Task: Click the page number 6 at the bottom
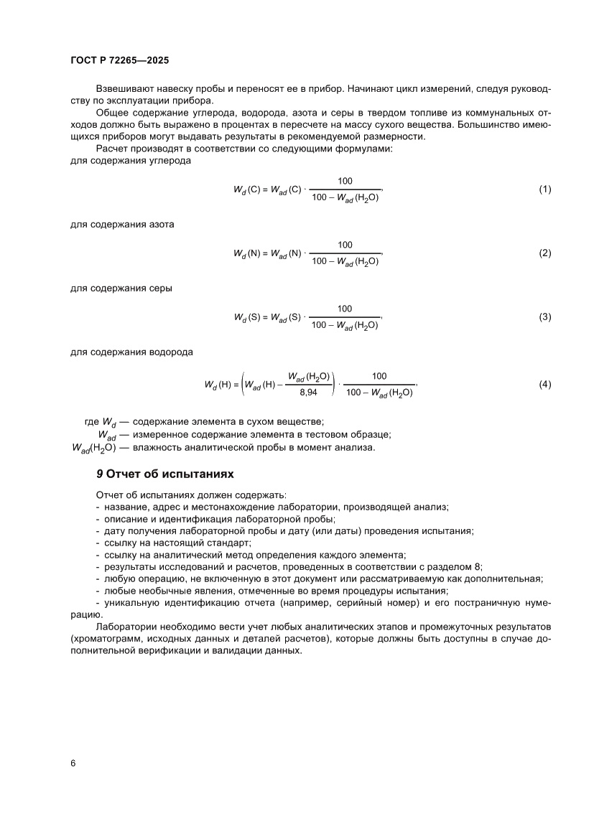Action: click(x=73, y=762)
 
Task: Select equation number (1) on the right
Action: click(x=544, y=189)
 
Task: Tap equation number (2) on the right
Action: click(x=544, y=253)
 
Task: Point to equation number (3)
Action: click(x=544, y=317)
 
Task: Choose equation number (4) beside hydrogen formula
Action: click(x=544, y=385)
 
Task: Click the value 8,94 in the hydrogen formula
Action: click(x=308, y=393)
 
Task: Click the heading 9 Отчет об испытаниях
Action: click(x=164, y=475)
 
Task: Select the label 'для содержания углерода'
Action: click(x=131, y=161)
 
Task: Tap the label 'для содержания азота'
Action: click(x=122, y=225)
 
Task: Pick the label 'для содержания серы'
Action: click(x=121, y=289)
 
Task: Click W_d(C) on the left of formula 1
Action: click(x=246, y=190)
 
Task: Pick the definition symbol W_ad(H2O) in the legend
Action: click(x=94, y=448)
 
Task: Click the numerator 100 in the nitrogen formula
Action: click(x=345, y=245)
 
